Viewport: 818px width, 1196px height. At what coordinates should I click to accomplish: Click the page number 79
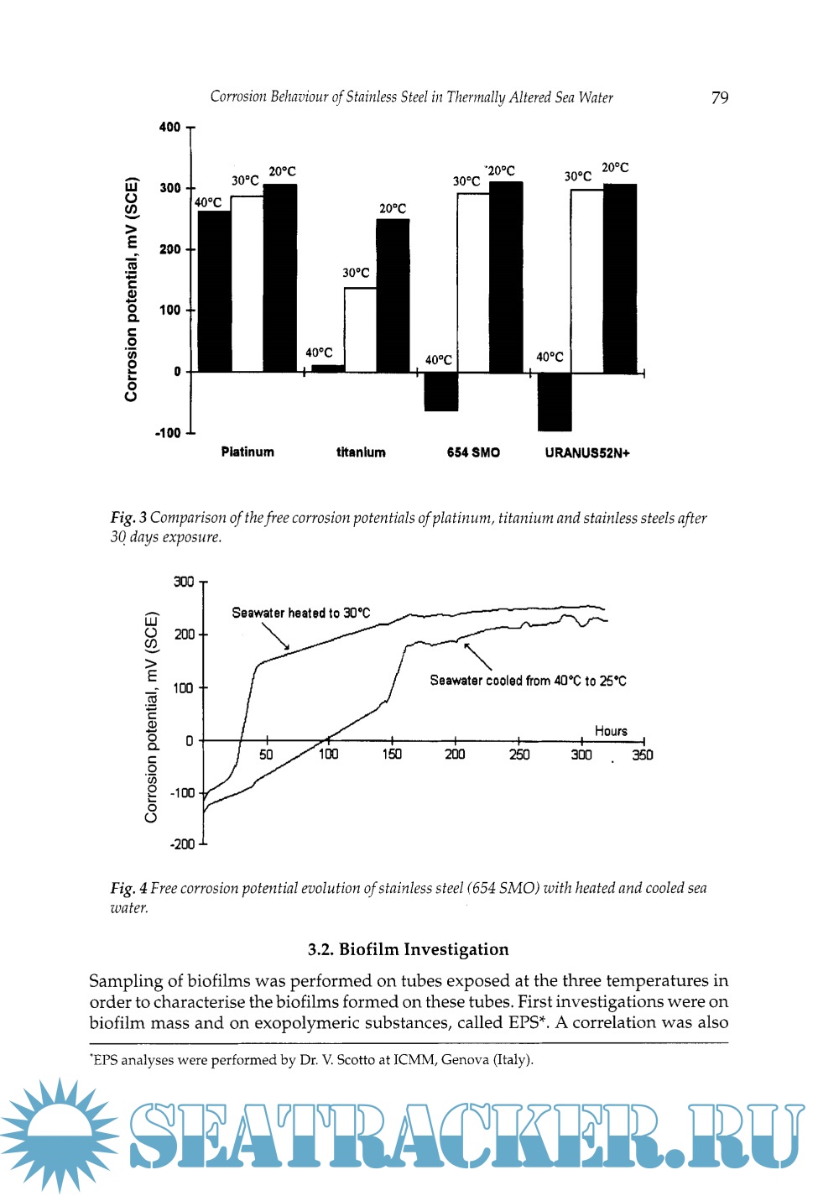point(719,97)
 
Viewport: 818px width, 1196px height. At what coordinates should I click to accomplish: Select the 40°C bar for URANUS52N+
point(554,401)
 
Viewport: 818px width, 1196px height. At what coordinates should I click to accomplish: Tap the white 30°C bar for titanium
point(360,329)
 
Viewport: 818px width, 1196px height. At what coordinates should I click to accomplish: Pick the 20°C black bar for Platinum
point(280,277)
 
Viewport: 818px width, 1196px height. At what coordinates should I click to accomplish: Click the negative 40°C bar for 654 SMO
point(441,391)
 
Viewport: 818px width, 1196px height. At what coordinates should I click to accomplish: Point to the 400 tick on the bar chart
point(169,128)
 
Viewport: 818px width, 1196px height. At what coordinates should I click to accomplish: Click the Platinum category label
point(247,452)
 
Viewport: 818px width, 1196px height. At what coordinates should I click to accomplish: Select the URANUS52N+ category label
point(586,453)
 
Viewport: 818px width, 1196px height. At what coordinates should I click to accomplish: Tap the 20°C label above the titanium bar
point(393,208)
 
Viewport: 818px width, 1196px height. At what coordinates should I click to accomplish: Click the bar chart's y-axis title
point(131,289)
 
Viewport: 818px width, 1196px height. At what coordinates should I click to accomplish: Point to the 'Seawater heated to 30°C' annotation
point(300,614)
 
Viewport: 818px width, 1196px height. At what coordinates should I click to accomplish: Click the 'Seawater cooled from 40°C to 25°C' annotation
point(528,681)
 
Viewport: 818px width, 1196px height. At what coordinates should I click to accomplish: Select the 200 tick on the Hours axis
point(455,755)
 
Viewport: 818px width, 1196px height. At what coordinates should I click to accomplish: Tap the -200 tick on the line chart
point(182,844)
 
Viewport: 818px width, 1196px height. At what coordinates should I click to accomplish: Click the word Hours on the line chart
point(611,731)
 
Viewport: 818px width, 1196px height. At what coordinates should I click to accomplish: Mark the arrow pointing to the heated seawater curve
point(275,635)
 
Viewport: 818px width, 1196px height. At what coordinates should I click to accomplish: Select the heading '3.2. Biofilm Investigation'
point(408,949)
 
